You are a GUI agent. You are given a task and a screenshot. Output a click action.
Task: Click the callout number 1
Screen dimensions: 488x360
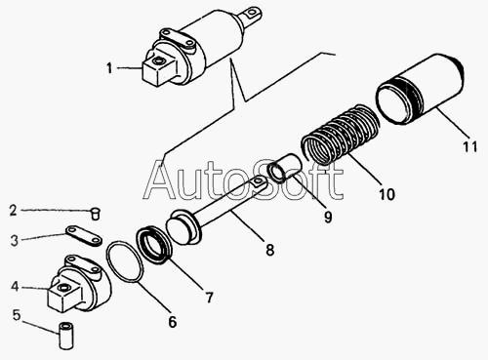point(109,68)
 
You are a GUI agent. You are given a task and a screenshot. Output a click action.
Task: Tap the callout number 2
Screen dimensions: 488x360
point(13,210)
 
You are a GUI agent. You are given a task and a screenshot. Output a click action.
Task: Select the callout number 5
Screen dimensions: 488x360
point(17,315)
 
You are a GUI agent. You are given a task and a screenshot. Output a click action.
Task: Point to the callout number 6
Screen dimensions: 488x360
point(172,321)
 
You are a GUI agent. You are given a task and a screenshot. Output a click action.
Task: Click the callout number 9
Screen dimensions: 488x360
point(328,217)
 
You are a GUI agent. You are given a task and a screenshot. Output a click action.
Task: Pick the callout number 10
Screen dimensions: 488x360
point(386,194)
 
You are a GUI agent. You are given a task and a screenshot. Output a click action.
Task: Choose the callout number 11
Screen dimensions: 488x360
point(469,146)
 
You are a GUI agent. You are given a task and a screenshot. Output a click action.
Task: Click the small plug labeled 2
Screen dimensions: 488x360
point(95,214)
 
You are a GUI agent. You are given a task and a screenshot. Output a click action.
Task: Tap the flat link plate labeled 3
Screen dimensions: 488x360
point(84,236)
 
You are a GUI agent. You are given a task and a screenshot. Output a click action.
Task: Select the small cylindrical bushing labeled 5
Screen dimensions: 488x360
point(66,336)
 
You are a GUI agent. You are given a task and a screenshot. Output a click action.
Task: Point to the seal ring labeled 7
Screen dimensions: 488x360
point(153,244)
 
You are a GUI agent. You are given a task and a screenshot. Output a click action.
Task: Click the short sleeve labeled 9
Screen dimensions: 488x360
point(281,168)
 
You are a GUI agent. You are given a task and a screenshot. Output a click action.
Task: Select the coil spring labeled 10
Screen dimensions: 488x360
point(341,133)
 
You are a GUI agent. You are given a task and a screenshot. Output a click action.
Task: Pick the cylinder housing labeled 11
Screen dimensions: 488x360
point(420,89)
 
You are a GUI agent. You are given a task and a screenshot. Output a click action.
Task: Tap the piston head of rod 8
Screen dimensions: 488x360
point(183,226)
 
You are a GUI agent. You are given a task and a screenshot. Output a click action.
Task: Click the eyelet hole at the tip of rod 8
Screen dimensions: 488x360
point(258,180)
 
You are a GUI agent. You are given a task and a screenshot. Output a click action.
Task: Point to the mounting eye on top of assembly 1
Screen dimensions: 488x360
point(252,14)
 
